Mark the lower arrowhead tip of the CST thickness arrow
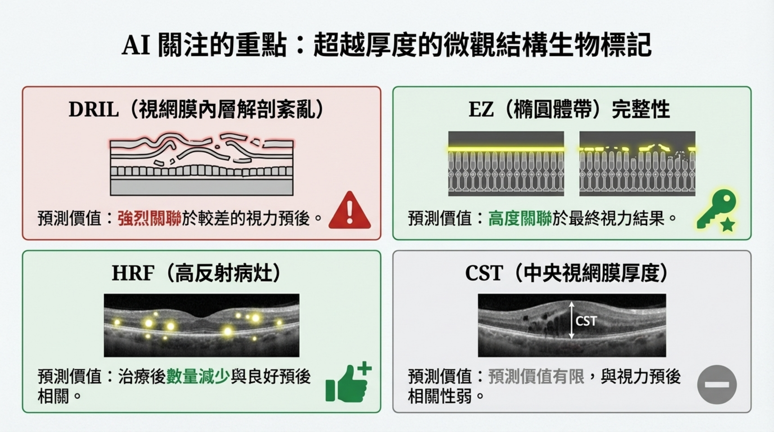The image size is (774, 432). (x=572, y=339)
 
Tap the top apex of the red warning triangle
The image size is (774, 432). (x=349, y=191)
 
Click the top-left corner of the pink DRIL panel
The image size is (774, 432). (x=22, y=87)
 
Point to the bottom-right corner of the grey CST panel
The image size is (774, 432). (x=751, y=413)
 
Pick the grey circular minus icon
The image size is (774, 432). (x=717, y=385)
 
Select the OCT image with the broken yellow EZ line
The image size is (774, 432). (x=637, y=164)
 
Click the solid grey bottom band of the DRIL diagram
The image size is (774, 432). (x=202, y=187)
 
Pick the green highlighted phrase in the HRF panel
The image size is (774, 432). (x=198, y=376)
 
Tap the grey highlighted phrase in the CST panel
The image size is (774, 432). (x=536, y=376)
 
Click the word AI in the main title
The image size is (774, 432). (x=136, y=45)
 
